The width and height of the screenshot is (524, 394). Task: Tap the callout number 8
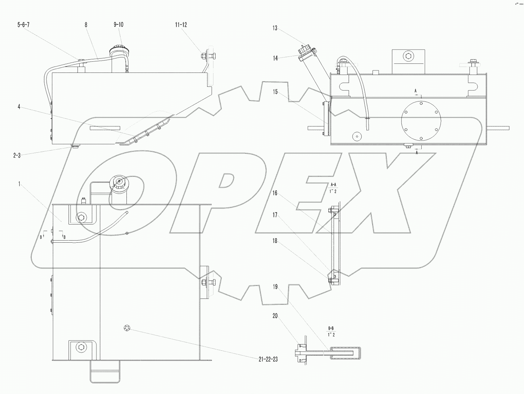(x=86, y=25)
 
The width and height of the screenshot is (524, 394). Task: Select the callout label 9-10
(x=118, y=25)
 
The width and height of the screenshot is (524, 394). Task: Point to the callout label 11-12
(x=181, y=25)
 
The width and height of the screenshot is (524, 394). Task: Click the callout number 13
(x=275, y=28)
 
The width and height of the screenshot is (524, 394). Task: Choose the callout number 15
(x=275, y=92)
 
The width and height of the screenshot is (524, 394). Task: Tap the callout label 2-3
(x=17, y=156)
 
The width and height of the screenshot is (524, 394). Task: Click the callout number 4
(x=19, y=107)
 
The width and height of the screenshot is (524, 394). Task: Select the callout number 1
(x=20, y=184)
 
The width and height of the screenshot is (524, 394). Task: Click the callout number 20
(x=275, y=316)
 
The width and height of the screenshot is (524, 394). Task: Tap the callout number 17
(x=275, y=215)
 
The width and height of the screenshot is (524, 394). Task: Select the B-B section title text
(x=331, y=328)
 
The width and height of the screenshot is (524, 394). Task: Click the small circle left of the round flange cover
(x=357, y=136)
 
